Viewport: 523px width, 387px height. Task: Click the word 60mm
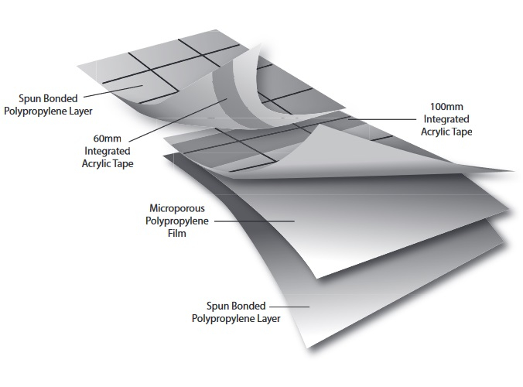(x=108, y=139)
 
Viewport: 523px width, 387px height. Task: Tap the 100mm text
(x=447, y=106)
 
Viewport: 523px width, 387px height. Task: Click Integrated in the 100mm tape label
(x=448, y=119)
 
